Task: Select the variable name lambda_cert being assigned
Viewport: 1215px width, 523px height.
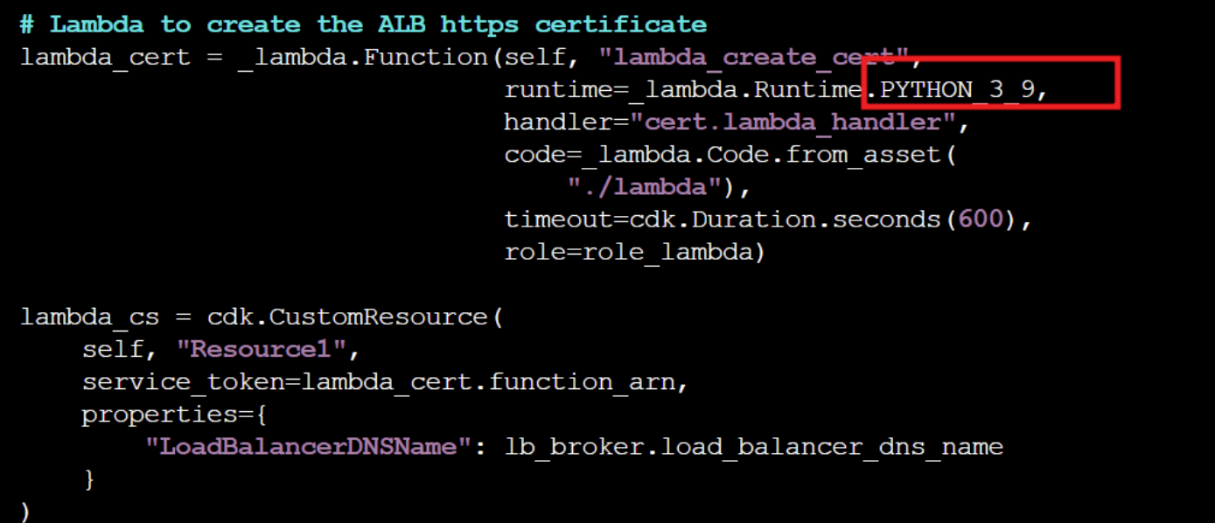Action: pyautogui.click(x=104, y=58)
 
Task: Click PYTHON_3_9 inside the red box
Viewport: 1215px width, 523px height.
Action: pyautogui.click(x=959, y=90)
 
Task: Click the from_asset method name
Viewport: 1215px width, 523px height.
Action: pyautogui.click(x=861, y=155)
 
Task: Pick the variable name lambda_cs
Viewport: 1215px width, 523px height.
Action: pyautogui.click(x=88, y=317)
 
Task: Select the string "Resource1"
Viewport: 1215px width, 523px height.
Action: pyautogui.click(x=262, y=350)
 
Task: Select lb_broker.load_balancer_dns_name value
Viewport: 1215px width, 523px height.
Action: pyautogui.click(x=753, y=447)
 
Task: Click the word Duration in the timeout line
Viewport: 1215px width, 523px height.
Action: pyautogui.click(x=754, y=220)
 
